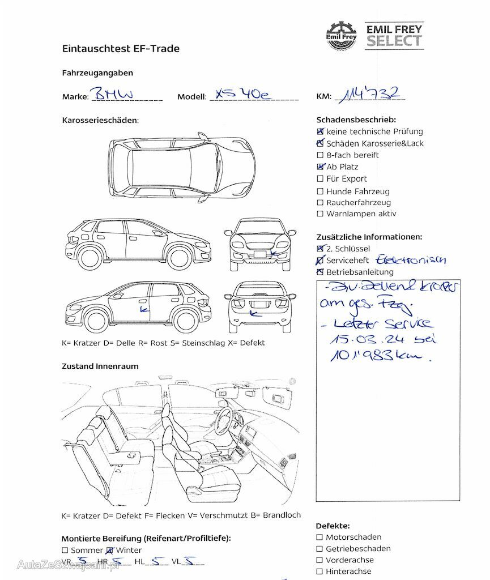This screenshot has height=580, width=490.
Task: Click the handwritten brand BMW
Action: pyautogui.click(x=114, y=94)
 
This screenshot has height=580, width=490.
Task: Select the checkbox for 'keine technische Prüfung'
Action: pyautogui.click(x=321, y=131)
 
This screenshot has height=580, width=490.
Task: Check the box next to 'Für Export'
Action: pyautogui.click(x=321, y=179)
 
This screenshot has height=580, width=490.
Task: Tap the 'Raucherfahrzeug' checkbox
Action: pyautogui.click(x=321, y=203)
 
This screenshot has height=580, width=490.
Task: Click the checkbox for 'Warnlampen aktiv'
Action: pyautogui.click(x=321, y=214)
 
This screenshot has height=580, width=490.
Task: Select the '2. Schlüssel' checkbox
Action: pyautogui.click(x=321, y=249)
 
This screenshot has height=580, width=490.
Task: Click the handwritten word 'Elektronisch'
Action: pyautogui.click(x=411, y=260)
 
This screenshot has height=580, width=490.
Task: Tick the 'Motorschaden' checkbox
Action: pyautogui.click(x=320, y=537)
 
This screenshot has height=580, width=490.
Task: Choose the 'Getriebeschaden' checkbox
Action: pyautogui.click(x=320, y=549)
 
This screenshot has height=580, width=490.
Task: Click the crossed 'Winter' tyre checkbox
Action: pyautogui.click(x=110, y=550)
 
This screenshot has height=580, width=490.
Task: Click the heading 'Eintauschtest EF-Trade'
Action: pyautogui.click(x=121, y=49)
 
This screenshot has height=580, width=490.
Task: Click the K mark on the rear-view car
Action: pyautogui.click(x=253, y=312)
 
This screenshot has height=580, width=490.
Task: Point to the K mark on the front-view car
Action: pyautogui.click(x=274, y=253)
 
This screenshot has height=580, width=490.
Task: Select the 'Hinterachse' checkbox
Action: pyautogui.click(x=320, y=572)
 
